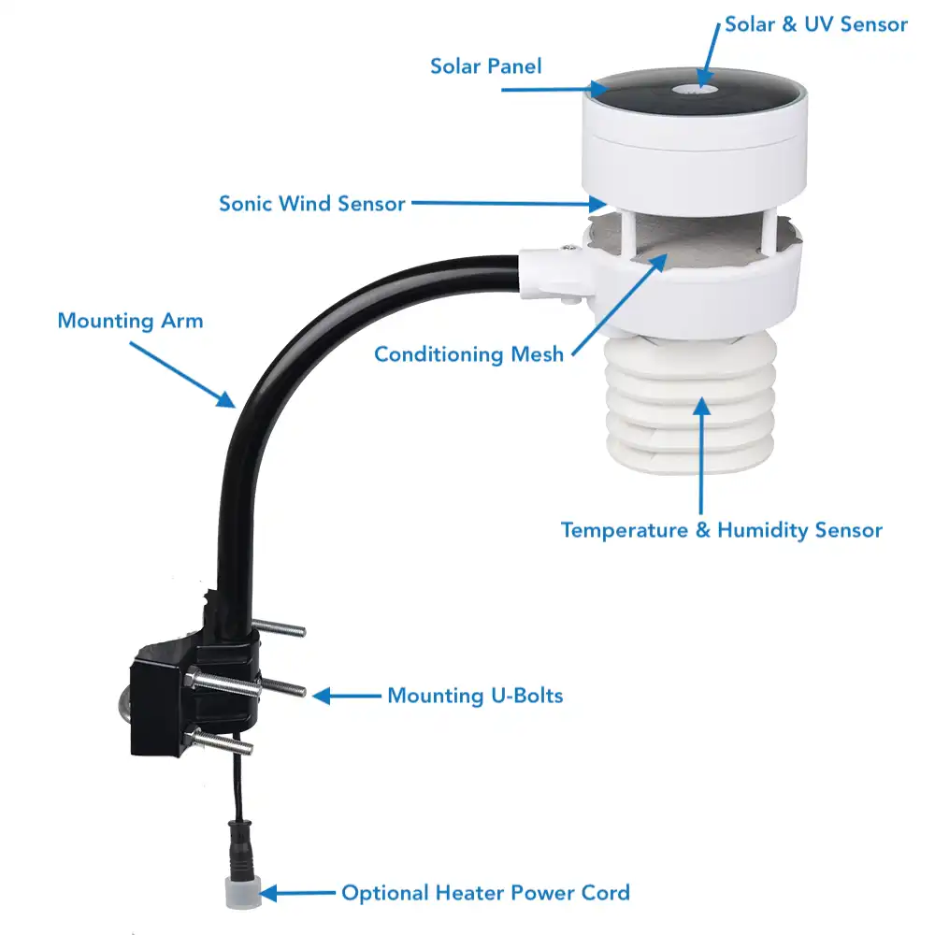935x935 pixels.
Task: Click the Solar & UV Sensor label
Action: pyautogui.click(x=815, y=24)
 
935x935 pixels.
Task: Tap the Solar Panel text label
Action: pyautogui.click(x=486, y=66)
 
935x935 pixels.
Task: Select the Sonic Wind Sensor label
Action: pyautogui.click(x=312, y=204)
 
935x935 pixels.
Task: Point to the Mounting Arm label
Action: pyautogui.click(x=130, y=321)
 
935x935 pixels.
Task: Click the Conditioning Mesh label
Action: pyautogui.click(x=468, y=354)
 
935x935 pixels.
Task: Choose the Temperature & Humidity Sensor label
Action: pyautogui.click(x=722, y=530)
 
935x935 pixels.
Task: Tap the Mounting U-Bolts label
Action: pyautogui.click(x=475, y=696)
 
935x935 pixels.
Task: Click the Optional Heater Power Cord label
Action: pyautogui.click(x=485, y=893)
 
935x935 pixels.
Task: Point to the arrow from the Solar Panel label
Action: pyautogui.click(x=555, y=90)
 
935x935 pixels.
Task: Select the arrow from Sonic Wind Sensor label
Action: pyautogui.click(x=510, y=203)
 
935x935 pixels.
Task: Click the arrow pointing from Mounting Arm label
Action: pyautogui.click(x=182, y=375)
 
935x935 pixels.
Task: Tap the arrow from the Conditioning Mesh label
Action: pyautogui.click(x=620, y=305)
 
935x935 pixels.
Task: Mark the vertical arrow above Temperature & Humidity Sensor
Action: pyautogui.click(x=702, y=456)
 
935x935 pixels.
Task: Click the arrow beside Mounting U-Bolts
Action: pyautogui.click(x=347, y=696)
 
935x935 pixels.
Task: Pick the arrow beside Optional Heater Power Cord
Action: pyautogui.click(x=297, y=893)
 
